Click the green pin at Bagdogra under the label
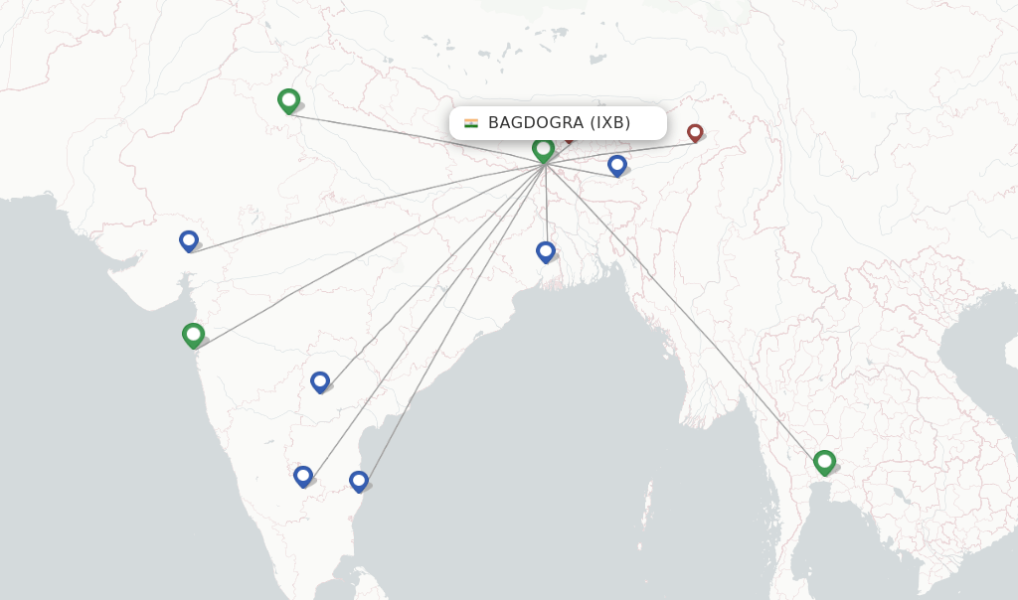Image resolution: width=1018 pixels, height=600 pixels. tap(543, 149)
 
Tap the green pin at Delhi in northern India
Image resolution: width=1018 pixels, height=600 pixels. tap(288, 99)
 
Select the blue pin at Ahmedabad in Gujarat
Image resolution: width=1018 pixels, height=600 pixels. tap(189, 240)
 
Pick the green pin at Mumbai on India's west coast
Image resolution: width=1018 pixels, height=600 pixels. tap(193, 335)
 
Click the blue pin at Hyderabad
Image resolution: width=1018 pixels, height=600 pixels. tap(319, 381)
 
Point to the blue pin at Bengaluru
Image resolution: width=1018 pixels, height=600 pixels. tap(303, 476)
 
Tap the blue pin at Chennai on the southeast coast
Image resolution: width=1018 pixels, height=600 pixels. tap(359, 481)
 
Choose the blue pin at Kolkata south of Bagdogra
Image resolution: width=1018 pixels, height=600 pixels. tap(545, 251)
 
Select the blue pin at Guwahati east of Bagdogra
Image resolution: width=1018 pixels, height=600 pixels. tap(616, 164)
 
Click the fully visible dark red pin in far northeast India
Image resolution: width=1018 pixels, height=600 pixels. tap(695, 131)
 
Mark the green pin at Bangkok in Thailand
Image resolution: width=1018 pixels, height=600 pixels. tap(824, 461)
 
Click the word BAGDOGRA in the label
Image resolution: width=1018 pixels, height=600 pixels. tap(535, 123)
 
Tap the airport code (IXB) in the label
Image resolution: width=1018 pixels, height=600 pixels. tap(610, 123)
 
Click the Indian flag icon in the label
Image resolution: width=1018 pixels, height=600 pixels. tap(471, 123)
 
